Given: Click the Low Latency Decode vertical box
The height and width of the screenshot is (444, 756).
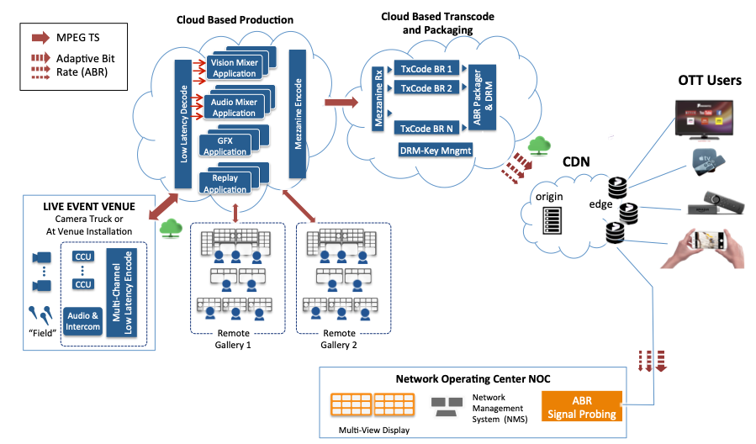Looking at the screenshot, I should [x=182, y=124].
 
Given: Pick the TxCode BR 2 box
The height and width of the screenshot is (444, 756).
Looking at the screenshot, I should [x=426, y=88].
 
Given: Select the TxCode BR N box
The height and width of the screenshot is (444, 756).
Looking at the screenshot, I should [x=426, y=128].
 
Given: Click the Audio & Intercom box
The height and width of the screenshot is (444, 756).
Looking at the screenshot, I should [x=82, y=321].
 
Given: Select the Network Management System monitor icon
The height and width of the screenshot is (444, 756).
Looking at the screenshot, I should [x=444, y=408].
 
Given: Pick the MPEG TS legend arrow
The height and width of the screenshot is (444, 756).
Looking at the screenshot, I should [x=40, y=38].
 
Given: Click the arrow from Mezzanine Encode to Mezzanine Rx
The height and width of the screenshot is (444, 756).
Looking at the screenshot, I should [x=339, y=103].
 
